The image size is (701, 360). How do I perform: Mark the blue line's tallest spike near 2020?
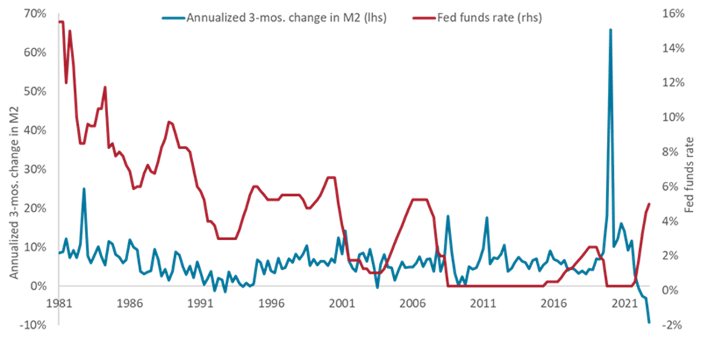click(x=611, y=30)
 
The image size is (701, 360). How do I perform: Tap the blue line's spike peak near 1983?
click(x=84, y=189)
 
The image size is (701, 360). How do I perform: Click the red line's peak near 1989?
click(x=169, y=121)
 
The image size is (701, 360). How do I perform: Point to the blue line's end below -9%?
click(x=650, y=322)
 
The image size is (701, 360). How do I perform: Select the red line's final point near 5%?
click(x=650, y=203)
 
